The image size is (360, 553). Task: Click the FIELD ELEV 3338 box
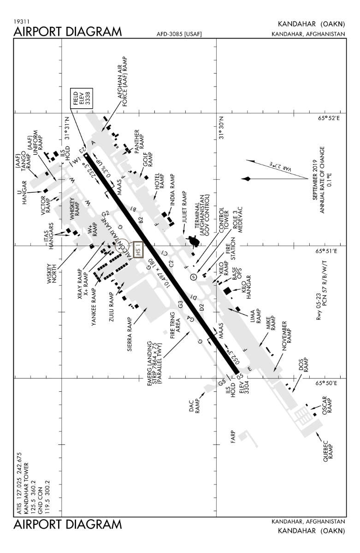[x=81, y=99]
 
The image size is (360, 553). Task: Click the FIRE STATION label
[x=230, y=249]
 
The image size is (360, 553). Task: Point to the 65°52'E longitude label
[x=328, y=118]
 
